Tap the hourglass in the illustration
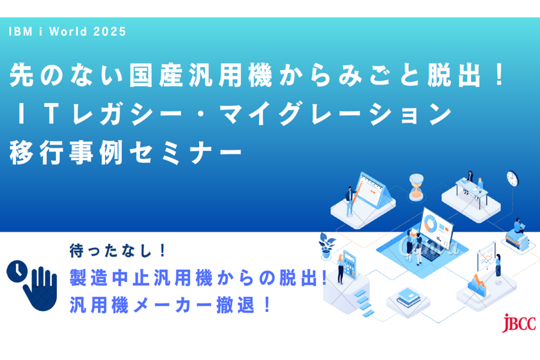coord(416,186)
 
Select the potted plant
coord(327,245)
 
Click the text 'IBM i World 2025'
coord(67,32)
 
